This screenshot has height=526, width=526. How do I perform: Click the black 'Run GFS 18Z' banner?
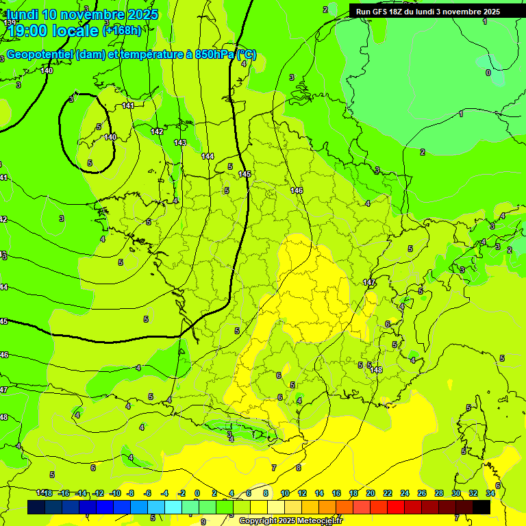(x=428, y=12)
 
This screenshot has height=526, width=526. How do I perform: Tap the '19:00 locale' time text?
(x=53, y=30)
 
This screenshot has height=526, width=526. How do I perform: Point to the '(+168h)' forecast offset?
(x=122, y=30)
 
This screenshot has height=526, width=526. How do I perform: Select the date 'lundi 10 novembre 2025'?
(x=83, y=14)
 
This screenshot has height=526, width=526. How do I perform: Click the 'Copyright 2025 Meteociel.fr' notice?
(x=290, y=521)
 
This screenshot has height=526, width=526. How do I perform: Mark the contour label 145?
(x=245, y=175)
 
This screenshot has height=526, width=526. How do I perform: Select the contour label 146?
(x=297, y=190)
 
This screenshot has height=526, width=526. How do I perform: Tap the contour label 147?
(x=369, y=282)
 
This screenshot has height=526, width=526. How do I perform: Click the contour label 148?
(x=377, y=370)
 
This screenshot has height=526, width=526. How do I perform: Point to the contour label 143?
(x=180, y=142)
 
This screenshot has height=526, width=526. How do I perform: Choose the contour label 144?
(x=208, y=156)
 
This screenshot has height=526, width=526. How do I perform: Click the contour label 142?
(x=158, y=131)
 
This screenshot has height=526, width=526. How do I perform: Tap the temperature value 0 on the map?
(x=488, y=73)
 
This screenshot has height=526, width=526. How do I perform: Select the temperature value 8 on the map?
(x=298, y=468)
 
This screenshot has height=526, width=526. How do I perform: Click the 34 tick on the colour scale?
(x=490, y=493)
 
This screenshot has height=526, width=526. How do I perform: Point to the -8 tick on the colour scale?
(x=130, y=493)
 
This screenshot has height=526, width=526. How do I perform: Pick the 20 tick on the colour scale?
(x=370, y=493)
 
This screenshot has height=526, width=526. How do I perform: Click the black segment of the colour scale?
(x=481, y=507)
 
